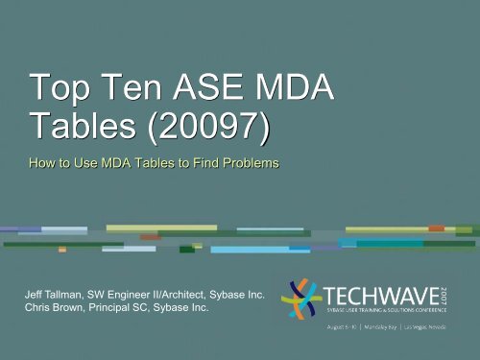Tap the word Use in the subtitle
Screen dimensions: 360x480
[x=98, y=165]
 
